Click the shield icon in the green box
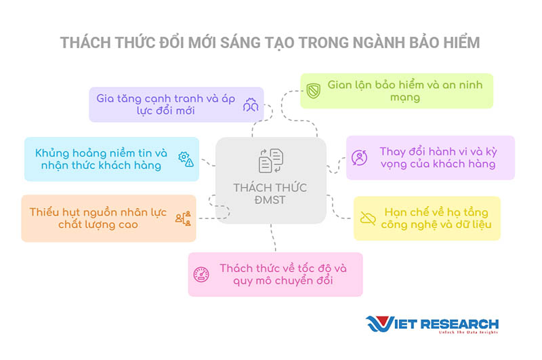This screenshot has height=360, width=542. (x=314, y=91)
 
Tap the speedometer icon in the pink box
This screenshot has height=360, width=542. (x=201, y=275)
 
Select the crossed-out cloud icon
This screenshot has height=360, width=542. (x=368, y=218)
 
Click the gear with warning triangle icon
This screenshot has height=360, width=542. (x=186, y=159)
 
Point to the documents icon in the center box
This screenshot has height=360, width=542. (x=271, y=161)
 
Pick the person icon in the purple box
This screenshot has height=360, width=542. (x=360, y=158)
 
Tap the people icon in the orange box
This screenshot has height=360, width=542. (x=183, y=218)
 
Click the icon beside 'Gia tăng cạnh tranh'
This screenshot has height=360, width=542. (x=251, y=104)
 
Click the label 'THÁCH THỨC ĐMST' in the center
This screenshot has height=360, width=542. (x=270, y=194)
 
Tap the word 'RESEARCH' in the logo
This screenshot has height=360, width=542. (x=460, y=324)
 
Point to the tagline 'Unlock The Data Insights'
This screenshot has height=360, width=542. (x=468, y=332)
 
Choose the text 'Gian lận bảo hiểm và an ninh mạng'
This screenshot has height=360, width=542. (x=404, y=91)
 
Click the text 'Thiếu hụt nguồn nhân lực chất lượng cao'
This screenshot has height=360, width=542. (x=98, y=218)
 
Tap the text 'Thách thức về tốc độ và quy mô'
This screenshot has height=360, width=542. (x=283, y=274)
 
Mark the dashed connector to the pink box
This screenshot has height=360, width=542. (x=273, y=237)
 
